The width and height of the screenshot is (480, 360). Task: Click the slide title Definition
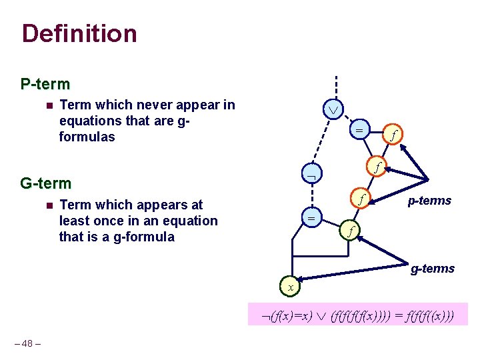[79, 33]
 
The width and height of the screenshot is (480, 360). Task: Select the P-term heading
[45, 85]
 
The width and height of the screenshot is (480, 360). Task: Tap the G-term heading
[46, 183]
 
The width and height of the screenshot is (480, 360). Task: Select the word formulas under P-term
[87, 137]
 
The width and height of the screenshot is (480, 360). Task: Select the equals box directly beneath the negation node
[311, 218]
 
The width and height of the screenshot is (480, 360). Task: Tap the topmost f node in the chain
[394, 135]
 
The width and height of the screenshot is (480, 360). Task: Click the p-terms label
[429, 201]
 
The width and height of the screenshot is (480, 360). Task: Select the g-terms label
[432, 269]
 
